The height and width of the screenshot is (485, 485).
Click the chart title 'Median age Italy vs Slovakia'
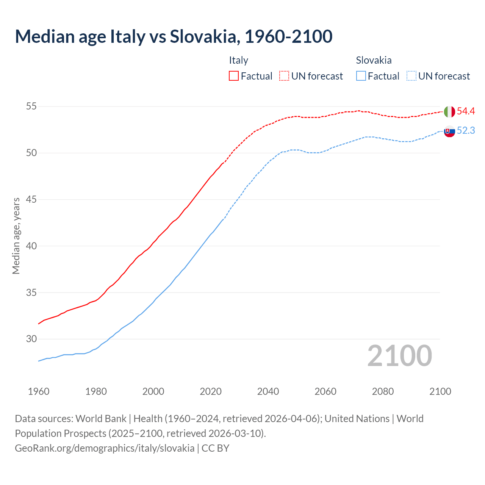[x=174, y=36]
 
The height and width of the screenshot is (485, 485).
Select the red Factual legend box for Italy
[x=234, y=76]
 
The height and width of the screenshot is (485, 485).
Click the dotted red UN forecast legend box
[x=284, y=76]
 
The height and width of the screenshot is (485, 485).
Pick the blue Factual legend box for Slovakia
[x=361, y=76]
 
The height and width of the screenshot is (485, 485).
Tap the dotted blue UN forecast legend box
[x=411, y=76]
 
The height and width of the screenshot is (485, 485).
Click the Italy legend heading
[x=238, y=60]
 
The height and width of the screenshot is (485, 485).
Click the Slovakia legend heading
[x=374, y=60]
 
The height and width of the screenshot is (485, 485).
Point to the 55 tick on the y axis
[x=31, y=106]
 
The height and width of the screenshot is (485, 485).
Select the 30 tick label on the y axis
[x=31, y=339]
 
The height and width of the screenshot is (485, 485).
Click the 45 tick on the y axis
[x=31, y=199]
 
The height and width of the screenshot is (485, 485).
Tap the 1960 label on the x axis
[x=39, y=391]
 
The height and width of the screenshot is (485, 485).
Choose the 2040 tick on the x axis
[x=268, y=391]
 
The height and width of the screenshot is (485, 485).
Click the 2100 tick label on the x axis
[x=440, y=391]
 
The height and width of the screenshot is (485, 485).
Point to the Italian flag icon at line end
[x=449, y=112]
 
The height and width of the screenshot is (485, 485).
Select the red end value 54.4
[x=466, y=111]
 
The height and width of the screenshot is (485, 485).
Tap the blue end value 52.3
[x=466, y=131]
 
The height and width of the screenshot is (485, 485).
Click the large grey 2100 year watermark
[x=399, y=356]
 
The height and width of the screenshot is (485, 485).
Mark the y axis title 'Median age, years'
[x=16, y=236]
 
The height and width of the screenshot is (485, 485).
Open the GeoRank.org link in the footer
[x=105, y=448]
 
